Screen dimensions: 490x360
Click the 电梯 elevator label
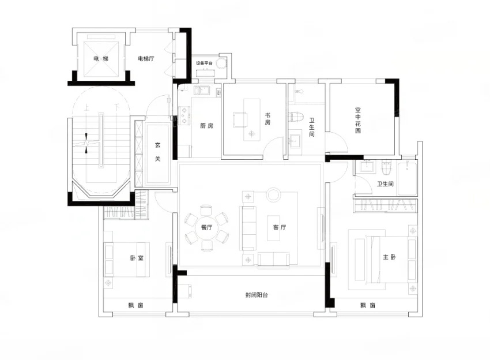pos(101,58)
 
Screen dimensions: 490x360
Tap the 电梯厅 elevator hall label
pos(146,58)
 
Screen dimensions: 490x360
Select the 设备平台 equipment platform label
pos(205,63)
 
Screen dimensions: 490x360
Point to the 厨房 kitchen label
pos(206,126)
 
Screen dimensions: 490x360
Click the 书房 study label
pos(267,119)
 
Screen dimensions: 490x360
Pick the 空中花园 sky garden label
pos(358,120)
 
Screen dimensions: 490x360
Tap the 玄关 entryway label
pos(158,152)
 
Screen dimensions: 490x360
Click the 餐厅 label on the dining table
pos(206,227)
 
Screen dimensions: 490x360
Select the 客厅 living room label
pos(280,227)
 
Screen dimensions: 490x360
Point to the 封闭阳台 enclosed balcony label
pos(257,295)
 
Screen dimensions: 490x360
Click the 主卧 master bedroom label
pos(390,257)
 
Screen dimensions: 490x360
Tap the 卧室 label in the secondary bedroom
pos(137,258)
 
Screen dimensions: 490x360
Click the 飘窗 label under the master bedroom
pos(368,305)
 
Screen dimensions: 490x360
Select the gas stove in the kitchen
pos(184,115)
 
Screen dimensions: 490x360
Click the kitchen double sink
pos(202,91)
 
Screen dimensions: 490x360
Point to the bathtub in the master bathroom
pos(407,178)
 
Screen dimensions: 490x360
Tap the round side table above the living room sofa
pos(274,194)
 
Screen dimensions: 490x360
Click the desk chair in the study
pos(240,120)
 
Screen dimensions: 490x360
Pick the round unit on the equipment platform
pos(221,63)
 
